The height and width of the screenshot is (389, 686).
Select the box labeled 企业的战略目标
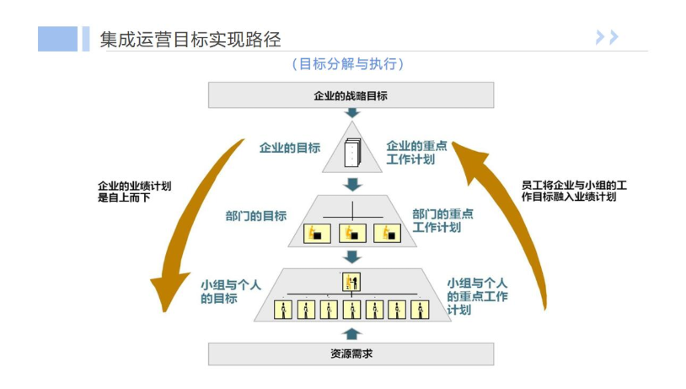[351, 95]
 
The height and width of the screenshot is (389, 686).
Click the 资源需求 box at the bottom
[351, 354]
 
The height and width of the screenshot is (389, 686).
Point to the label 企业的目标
[290, 147]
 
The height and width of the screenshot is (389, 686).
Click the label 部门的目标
[255, 216]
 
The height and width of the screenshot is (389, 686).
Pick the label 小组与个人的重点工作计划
[477, 296]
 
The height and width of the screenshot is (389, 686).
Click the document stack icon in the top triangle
[352, 152]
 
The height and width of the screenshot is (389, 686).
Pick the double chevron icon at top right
[607, 36]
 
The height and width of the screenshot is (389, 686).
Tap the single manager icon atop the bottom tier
[351, 282]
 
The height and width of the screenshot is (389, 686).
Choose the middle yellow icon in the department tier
[352, 233]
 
